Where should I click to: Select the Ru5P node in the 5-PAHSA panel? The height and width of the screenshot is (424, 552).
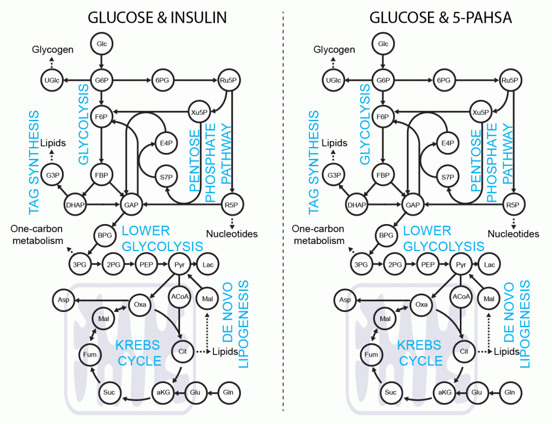tap(509, 80)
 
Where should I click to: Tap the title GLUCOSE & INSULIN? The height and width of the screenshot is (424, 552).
tap(157, 18)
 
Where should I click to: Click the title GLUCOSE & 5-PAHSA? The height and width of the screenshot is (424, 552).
tap(440, 18)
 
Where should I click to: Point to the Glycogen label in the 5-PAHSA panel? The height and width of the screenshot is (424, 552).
tap(334, 50)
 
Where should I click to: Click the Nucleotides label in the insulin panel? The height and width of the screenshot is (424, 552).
tap(232, 234)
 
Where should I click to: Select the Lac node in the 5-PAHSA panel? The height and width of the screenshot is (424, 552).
tap(489, 265)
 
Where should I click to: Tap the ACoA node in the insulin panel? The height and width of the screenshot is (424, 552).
tap(179, 297)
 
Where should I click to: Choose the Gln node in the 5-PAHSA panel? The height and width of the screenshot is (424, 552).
tap(509, 392)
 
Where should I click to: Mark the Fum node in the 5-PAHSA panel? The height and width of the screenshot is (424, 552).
tap(371, 355)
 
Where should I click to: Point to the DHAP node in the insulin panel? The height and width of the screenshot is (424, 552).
tap(75, 204)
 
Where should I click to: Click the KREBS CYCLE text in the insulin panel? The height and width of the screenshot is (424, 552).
tap(139, 352)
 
